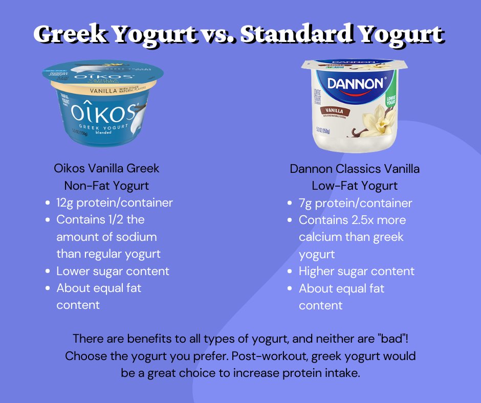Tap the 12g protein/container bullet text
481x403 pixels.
115,203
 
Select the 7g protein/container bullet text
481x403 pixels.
356,203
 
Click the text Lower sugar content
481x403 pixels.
113,271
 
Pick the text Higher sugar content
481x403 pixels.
357,271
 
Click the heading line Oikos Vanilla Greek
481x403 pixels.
106,168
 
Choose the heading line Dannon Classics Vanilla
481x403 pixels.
355,168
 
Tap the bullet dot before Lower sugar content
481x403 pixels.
47,272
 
